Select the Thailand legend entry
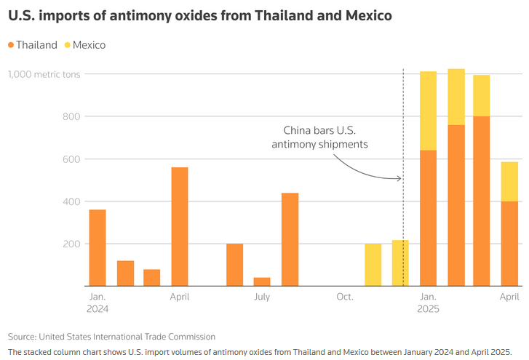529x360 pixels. (33, 45)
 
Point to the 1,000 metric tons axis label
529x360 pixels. (41, 74)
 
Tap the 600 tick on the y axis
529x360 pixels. (70, 159)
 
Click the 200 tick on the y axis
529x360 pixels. (70, 244)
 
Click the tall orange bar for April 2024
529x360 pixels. (180, 226)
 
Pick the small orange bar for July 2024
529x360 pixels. (262, 281)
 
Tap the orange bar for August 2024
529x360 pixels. (290, 239)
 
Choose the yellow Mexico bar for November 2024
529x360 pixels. (373, 265)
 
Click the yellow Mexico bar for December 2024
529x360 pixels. (400, 263)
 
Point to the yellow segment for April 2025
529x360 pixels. (509, 181)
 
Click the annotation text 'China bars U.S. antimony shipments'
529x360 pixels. (320, 137)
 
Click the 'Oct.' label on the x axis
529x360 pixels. (345, 297)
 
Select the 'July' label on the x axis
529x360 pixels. (262, 297)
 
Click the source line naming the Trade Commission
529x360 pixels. (112, 337)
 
